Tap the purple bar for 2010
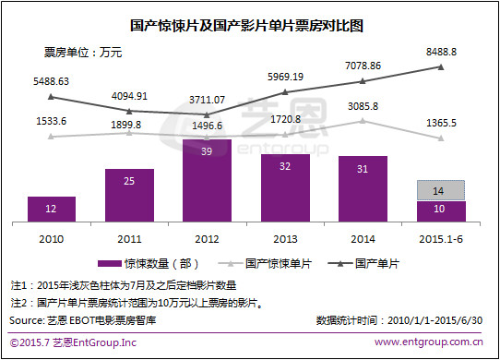click(52, 210)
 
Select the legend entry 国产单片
click(379, 263)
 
